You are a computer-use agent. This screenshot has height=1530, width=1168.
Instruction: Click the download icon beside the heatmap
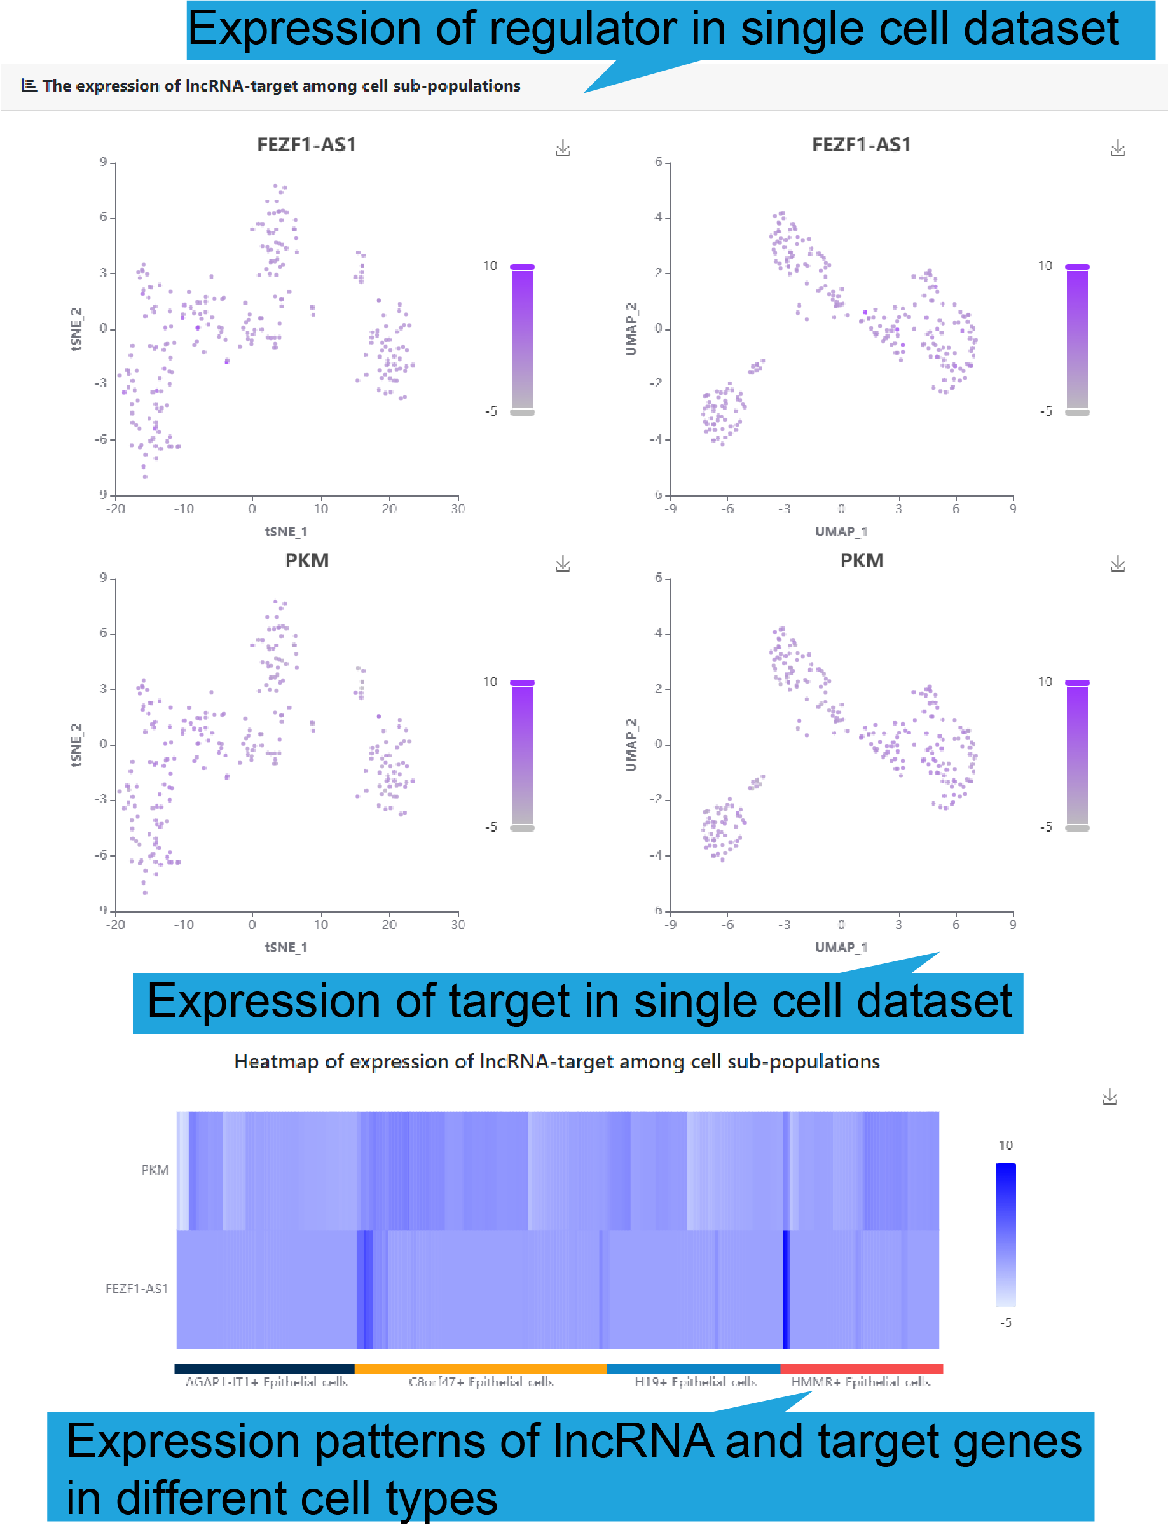pos(1110,1097)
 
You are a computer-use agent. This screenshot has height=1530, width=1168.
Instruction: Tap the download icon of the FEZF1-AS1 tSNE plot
pos(563,148)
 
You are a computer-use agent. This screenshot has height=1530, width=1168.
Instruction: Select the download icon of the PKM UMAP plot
pos(1118,564)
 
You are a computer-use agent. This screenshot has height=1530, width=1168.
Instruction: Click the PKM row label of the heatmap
pos(155,1170)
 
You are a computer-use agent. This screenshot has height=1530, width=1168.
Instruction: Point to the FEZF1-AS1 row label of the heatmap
pos(136,1288)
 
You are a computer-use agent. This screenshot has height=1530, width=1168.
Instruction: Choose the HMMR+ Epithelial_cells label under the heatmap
pos(860,1382)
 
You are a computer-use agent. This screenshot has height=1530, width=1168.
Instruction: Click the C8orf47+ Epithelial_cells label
pos(481,1382)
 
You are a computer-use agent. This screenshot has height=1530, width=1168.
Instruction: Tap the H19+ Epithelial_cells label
pos(695,1382)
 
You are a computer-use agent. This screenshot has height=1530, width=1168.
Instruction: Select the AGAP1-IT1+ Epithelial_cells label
pos(266,1382)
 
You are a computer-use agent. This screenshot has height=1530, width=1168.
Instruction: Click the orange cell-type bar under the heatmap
pos(481,1368)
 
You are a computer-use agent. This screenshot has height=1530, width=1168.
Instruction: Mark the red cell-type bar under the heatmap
pos(862,1368)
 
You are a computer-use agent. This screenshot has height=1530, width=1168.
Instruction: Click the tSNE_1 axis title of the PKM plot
pos(285,947)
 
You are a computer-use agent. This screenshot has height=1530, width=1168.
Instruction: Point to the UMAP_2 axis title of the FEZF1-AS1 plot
pos(631,329)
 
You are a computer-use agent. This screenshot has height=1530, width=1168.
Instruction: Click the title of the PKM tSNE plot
pos(306,560)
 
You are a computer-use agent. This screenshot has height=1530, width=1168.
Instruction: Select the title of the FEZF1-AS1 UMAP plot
pos(862,144)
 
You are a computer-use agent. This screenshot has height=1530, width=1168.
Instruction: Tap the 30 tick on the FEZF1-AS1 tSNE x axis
pos(457,509)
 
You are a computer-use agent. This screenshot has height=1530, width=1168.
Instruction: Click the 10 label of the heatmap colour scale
pos(1005,1145)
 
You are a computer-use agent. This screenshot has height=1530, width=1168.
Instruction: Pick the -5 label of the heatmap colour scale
pos(1005,1322)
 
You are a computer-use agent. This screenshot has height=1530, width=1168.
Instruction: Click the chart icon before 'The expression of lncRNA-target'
pos(29,85)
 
